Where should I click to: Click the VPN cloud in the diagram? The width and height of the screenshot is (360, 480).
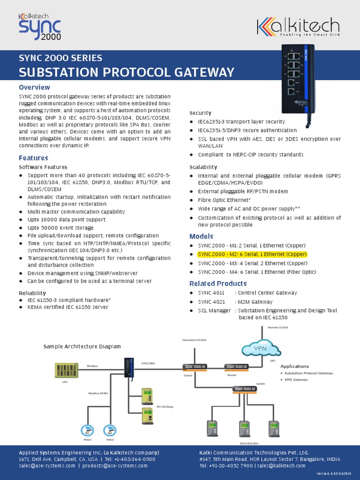point(260,349)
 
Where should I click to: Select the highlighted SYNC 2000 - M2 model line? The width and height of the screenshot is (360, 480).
point(252,255)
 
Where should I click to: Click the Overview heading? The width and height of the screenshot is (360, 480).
point(34,87)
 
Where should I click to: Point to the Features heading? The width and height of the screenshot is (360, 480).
point(33,158)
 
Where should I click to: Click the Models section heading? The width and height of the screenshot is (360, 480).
point(201,236)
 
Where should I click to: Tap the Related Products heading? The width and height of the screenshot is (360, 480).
point(217,284)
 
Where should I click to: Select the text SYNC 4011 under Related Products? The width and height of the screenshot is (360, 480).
point(211,293)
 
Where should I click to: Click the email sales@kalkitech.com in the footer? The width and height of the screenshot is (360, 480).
point(281,466)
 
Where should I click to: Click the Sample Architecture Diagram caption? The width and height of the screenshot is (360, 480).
point(82,346)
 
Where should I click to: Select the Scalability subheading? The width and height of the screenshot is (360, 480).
point(203,167)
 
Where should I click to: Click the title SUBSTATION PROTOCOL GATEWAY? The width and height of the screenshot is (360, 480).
point(126,72)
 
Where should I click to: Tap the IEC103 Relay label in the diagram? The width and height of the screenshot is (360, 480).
point(165,407)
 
